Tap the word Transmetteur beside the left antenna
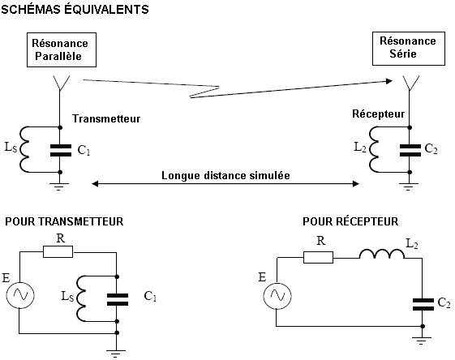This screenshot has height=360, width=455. [x=106, y=118]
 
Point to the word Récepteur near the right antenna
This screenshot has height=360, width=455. [x=379, y=114]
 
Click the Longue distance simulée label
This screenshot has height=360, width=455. [x=225, y=175]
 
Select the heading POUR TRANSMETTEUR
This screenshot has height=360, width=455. [x=64, y=221]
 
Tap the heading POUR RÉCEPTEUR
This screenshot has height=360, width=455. [x=350, y=221]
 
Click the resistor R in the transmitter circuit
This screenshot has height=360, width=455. [x=58, y=251]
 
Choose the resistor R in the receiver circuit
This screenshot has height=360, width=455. [x=318, y=258]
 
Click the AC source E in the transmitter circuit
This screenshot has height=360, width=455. [x=20, y=295]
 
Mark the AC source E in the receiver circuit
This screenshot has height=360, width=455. [x=277, y=296]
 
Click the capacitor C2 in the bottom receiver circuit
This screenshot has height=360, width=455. [x=423, y=305]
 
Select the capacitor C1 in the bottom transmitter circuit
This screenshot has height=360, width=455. [x=118, y=300]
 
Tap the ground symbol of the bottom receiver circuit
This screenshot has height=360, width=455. [x=421, y=340]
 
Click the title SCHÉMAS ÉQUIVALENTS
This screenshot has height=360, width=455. [x=75, y=9]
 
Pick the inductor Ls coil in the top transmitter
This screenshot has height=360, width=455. [x=24, y=149]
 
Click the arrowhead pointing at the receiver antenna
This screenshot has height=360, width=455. [x=388, y=81]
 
